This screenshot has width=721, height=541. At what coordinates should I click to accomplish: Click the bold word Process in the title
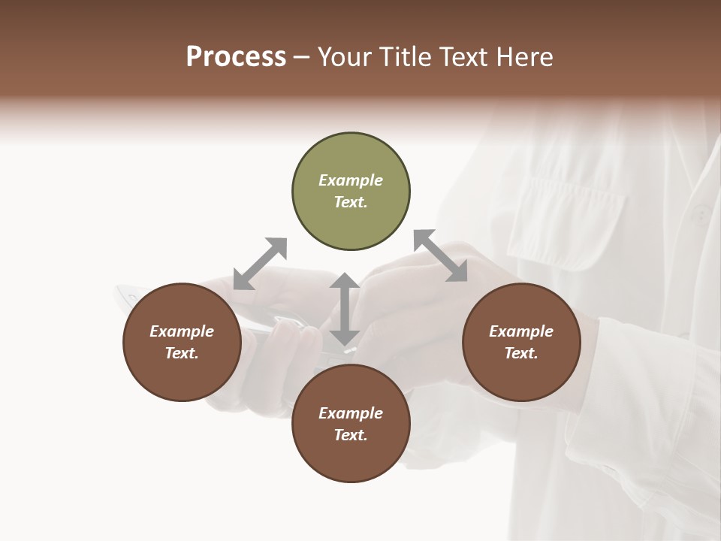(x=236, y=57)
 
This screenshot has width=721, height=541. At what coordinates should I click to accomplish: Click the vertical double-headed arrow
(x=344, y=309)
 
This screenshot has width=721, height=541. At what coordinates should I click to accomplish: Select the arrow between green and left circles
(x=260, y=263)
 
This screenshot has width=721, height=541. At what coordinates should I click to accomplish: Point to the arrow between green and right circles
(x=441, y=255)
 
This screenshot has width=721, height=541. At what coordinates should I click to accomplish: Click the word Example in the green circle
(x=351, y=180)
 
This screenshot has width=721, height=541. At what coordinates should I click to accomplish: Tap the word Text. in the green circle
(x=351, y=202)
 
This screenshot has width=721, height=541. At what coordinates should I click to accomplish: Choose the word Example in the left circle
(x=182, y=331)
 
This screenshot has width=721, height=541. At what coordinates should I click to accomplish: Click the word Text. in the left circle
(x=182, y=353)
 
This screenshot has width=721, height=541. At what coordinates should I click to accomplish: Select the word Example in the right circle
(x=521, y=331)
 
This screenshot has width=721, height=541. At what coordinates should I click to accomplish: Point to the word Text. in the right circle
(x=521, y=353)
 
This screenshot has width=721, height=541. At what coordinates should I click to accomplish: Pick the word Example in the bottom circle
(x=351, y=413)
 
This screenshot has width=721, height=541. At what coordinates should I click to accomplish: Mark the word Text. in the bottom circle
(x=351, y=435)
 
